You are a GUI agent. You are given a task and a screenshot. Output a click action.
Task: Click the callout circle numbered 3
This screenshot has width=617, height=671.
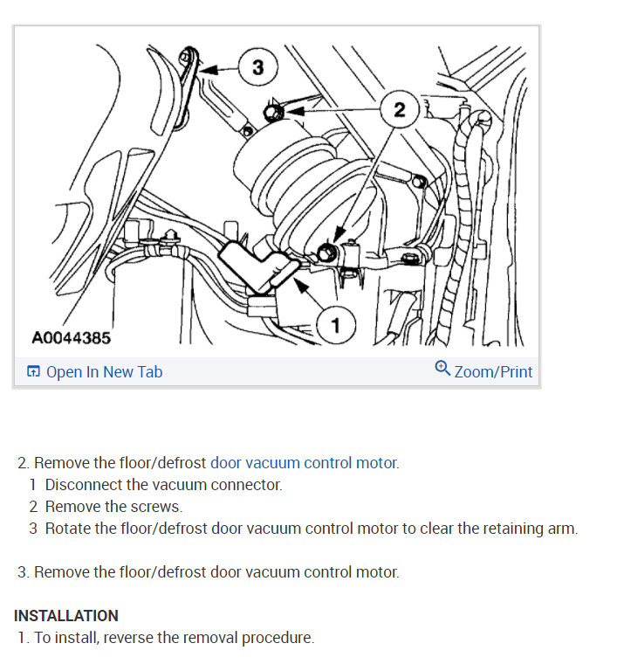point(257,67)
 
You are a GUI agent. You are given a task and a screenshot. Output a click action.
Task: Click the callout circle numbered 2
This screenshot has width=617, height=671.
point(399,110)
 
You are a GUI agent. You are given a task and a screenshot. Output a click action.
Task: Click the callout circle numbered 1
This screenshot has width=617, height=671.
point(336,326)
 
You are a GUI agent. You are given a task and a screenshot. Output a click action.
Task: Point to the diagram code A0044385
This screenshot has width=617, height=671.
point(72,337)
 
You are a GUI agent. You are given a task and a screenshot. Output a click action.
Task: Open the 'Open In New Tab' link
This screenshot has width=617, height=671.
point(104,372)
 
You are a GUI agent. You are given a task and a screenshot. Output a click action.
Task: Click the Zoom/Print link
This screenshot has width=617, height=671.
point(493,372)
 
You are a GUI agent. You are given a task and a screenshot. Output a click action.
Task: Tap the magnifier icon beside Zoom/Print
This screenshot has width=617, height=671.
point(442,369)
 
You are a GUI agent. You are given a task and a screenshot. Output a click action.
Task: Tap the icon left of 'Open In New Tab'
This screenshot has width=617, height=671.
point(33,372)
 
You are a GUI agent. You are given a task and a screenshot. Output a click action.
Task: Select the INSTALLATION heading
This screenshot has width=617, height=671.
point(66,616)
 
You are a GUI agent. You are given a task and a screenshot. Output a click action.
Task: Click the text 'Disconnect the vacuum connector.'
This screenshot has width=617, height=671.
point(163,485)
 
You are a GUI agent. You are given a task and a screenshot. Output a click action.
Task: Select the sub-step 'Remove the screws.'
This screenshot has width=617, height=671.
point(113,507)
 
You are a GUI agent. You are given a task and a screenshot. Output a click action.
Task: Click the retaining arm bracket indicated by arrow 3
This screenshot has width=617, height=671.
point(189,79)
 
